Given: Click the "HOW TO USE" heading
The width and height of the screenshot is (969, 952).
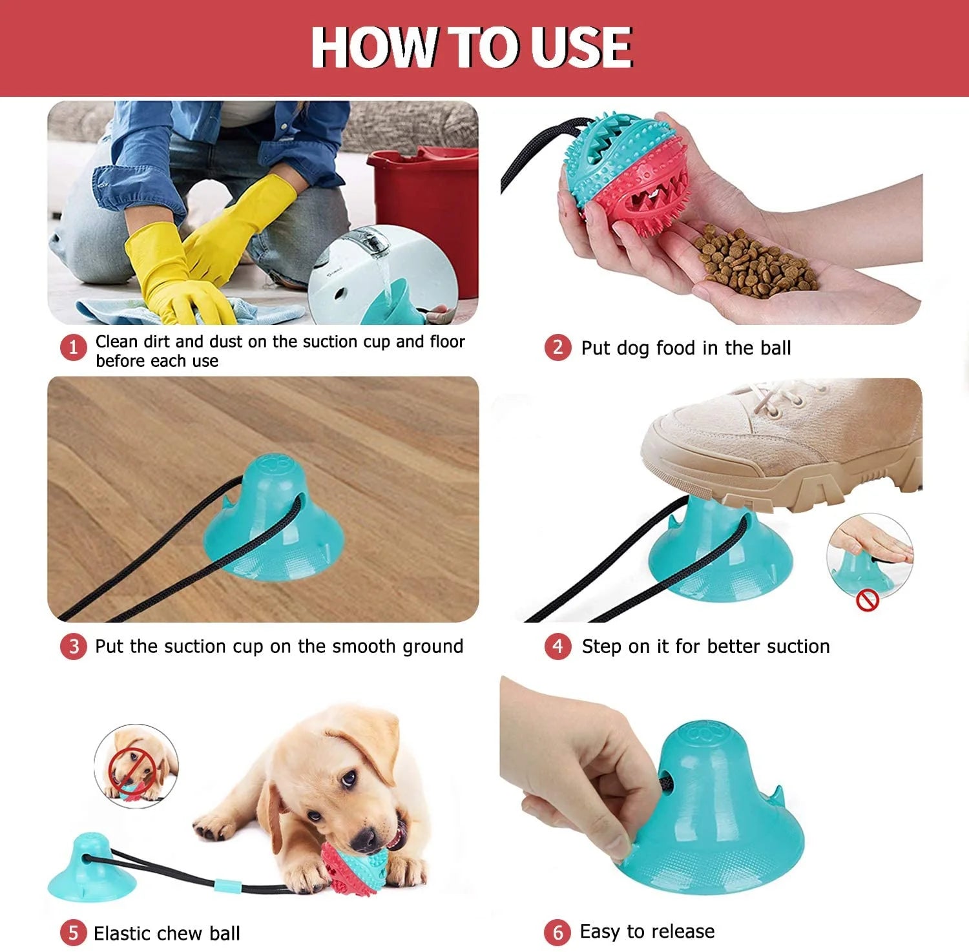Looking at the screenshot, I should pos(472,47).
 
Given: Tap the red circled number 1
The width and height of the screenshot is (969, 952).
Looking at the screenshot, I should pos(73,347).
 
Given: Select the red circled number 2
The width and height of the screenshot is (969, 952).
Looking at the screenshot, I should pos(557,347).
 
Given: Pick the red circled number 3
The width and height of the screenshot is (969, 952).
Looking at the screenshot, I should pos(73,647).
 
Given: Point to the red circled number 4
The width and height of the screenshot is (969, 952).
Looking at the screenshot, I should pos(557,647).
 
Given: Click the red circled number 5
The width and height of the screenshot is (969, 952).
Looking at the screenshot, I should pos(73,933).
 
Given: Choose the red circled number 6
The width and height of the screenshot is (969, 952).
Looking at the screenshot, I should pos(557,932).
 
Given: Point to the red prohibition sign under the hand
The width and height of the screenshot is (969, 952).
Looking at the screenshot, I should pos(867,601).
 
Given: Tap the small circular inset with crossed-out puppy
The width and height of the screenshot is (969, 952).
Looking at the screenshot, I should pos(136,765).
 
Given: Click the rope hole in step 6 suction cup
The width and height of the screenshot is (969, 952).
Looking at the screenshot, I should pos(667,783).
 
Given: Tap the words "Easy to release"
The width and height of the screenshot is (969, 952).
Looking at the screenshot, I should pos(647,931).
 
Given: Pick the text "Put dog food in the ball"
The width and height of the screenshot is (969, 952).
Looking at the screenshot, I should pos(685,348).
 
